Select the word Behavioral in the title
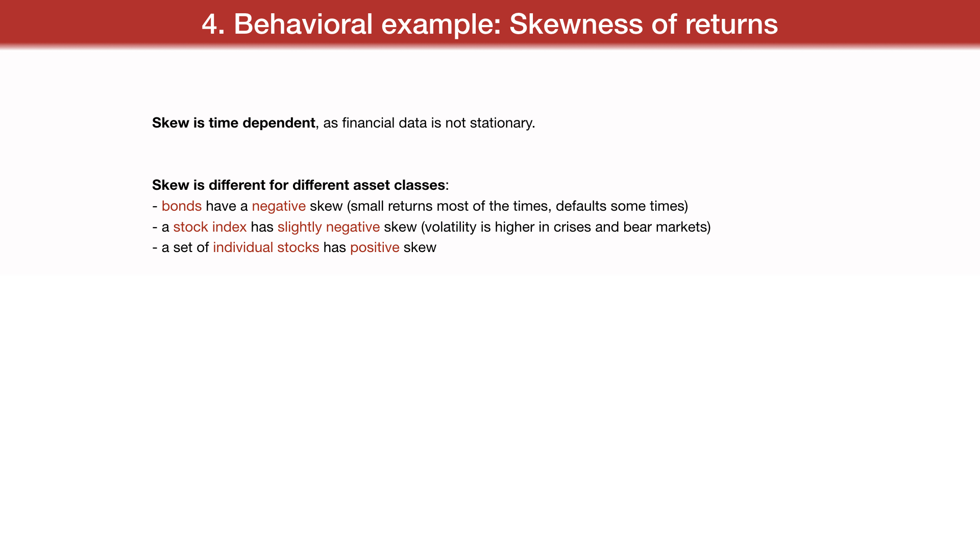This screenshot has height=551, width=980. [x=303, y=24]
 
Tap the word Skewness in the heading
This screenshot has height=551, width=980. [x=576, y=24]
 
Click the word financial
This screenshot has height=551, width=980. [x=368, y=123]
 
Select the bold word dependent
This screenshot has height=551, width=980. [x=279, y=123]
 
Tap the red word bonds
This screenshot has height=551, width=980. [x=182, y=206]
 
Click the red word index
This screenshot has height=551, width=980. [x=229, y=227]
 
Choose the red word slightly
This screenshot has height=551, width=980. [x=300, y=227]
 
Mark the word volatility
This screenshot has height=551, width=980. [x=451, y=227]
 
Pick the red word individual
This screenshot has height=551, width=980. [x=243, y=247]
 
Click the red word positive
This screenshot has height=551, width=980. [x=375, y=248]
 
